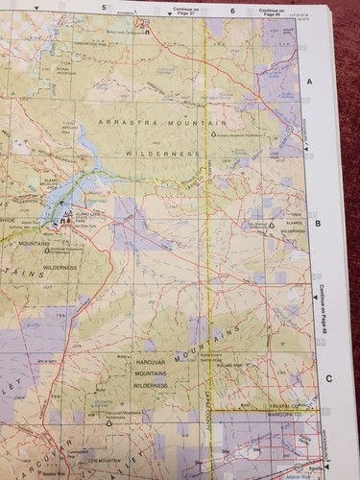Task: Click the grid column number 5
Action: (102, 7)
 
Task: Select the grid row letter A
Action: (310, 83)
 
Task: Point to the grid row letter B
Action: (317, 223)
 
